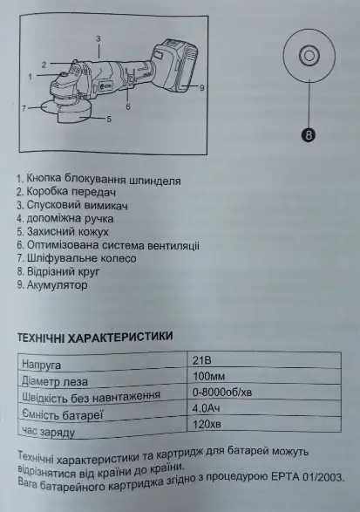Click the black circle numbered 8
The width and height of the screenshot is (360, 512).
coord(309,134)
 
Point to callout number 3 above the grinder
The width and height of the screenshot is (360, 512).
coord(98,38)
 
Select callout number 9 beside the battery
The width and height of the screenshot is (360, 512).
coord(200,88)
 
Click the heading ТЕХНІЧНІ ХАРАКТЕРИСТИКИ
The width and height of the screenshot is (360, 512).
coord(96,335)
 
